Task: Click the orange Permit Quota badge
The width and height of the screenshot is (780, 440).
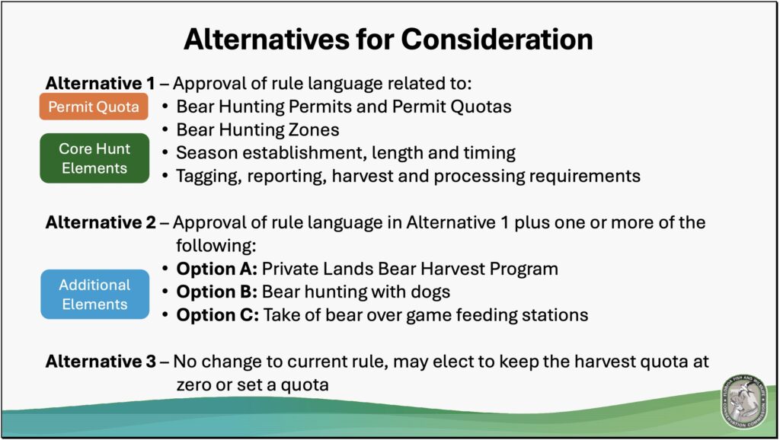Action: (94, 107)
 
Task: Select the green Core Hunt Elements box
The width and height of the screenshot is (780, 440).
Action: (94, 158)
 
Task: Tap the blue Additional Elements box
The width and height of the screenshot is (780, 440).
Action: (95, 295)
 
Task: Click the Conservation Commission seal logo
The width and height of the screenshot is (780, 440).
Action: (744, 402)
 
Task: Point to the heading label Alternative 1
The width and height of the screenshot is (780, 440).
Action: (100, 83)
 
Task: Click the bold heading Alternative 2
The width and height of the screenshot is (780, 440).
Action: (101, 222)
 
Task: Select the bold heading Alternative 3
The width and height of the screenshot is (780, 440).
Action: (101, 362)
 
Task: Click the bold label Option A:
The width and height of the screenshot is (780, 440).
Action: (216, 269)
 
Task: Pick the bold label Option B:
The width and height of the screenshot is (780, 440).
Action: (216, 292)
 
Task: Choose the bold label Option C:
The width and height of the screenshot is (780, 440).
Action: (217, 315)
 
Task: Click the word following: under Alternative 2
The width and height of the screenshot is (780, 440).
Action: (216, 246)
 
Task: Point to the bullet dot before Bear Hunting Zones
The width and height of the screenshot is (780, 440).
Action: (165, 130)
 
